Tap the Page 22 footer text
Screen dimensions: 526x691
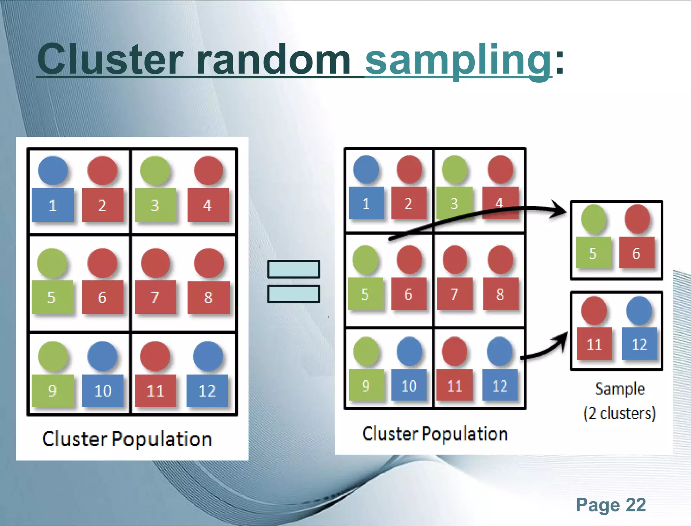click(x=610, y=505)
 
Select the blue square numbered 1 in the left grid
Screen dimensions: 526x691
click(x=53, y=205)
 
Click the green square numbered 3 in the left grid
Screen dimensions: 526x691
click(x=155, y=205)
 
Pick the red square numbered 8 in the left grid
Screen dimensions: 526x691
click(x=209, y=297)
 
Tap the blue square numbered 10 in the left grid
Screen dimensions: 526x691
click(x=103, y=390)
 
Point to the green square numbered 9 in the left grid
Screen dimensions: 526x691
click(x=53, y=390)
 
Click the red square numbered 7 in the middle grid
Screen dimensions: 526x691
click(x=454, y=294)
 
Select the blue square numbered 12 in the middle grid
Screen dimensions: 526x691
click(x=500, y=385)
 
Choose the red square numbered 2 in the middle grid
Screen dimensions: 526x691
click(x=409, y=203)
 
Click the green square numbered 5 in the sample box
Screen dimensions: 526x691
click(x=593, y=253)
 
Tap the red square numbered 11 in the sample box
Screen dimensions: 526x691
click(x=594, y=343)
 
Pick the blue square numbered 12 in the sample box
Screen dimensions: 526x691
click(x=639, y=343)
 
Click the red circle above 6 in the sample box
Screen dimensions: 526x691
click(x=637, y=219)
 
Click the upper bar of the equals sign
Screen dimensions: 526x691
click(x=294, y=269)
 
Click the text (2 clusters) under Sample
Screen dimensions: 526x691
click(x=619, y=413)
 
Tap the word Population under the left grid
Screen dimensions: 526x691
click(x=162, y=439)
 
